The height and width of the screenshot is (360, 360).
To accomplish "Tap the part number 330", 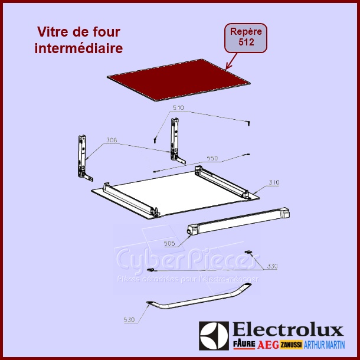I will click(x=271, y=267).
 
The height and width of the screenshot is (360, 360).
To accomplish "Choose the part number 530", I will click(x=130, y=320).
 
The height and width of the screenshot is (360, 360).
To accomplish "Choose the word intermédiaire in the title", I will click(x=80, y=49).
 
